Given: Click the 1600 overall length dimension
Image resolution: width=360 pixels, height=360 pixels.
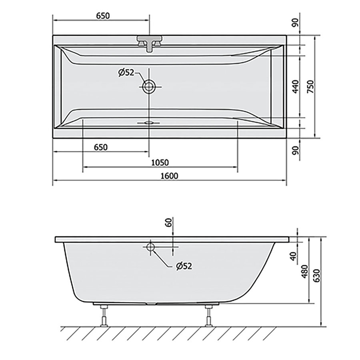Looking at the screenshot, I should pos(170,176).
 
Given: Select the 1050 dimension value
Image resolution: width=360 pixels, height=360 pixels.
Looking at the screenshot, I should pos(160,162).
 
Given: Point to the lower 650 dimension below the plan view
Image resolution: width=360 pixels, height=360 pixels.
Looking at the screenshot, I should pos(101,147).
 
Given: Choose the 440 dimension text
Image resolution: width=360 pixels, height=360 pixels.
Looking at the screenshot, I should pos(296,86).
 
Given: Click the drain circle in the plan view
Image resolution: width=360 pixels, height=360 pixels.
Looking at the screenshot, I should pos(150,86).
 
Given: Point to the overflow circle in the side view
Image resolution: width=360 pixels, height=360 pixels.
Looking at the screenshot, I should pos(151,247).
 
